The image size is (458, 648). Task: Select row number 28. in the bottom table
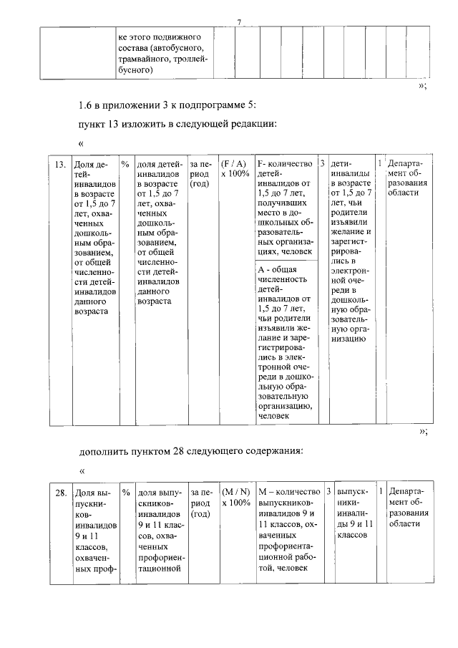[62, 493]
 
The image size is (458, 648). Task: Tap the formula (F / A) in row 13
[234, 164]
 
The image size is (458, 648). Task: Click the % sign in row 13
[125, 164]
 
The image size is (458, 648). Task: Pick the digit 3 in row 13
[323, 164]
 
